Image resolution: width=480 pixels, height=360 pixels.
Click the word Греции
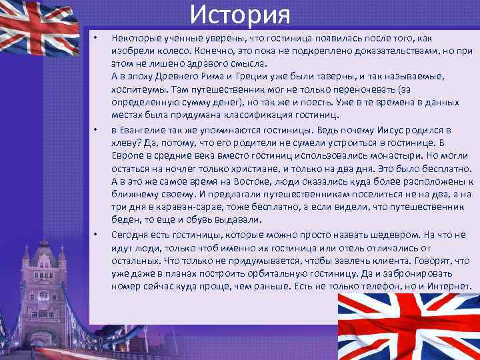248,77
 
